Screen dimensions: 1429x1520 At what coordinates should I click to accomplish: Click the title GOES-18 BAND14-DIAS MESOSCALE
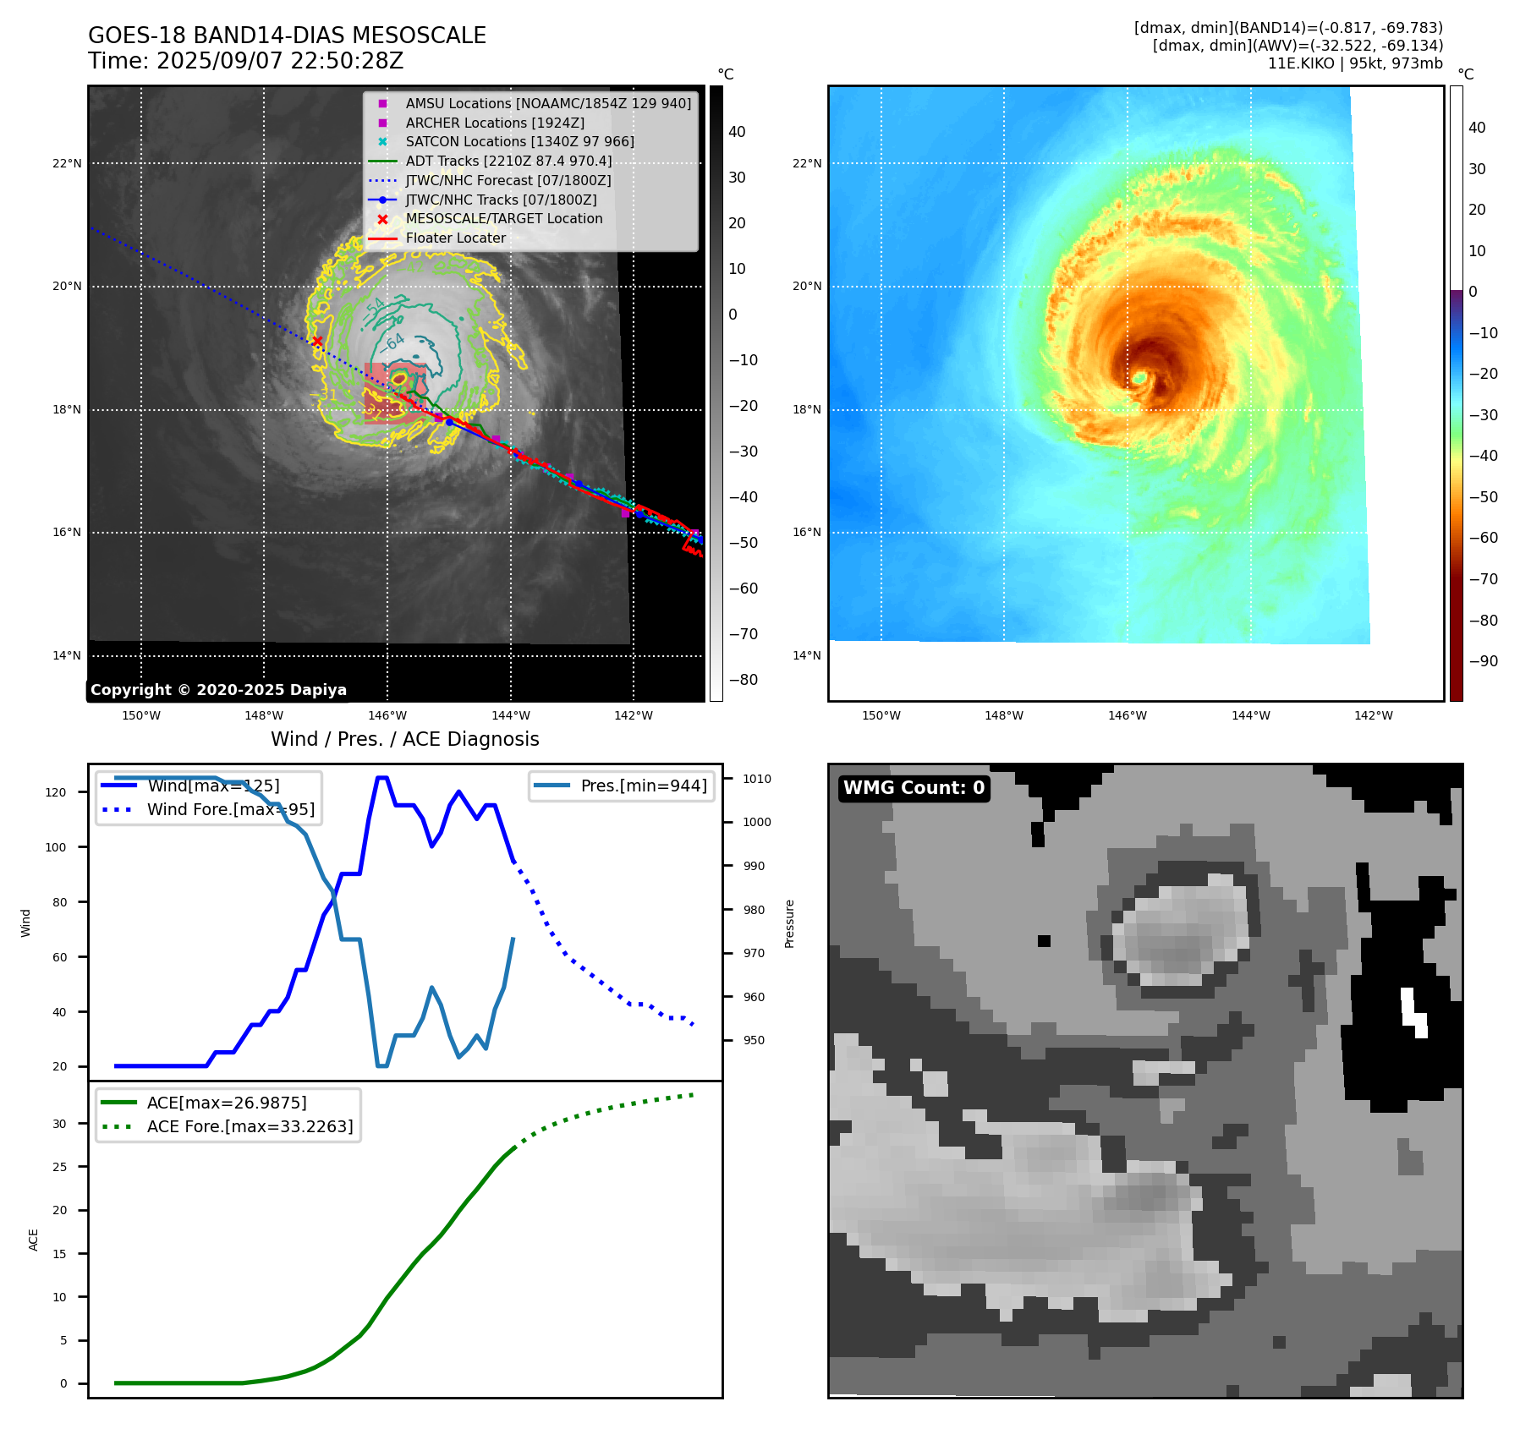pyautogui.click(x=287, y=36)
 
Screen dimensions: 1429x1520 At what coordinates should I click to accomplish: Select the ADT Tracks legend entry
pyautogui.click(x=508, y=161)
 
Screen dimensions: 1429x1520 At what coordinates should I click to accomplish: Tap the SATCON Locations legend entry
pyautogui.click(x=519, y=141)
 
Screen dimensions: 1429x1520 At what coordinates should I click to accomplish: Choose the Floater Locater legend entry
pyautogui.click(x=455, y=238)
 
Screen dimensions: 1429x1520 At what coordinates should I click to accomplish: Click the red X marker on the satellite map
pyautogui.click(x=317, y=342)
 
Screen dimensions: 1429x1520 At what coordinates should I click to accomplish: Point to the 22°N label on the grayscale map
pyautogui.click(x=67, y=163)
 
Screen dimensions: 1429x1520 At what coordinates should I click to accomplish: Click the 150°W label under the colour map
pyautogui.click(x=881, y=715)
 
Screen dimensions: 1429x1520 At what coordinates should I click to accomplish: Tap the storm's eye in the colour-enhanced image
pyautogui.click(x=1139, y=377)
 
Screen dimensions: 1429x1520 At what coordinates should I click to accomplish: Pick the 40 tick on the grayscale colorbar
pyautogui.click(x=737, y=132)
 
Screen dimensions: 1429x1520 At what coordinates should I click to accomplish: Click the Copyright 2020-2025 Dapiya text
pyautogui.click(x=218, y=690)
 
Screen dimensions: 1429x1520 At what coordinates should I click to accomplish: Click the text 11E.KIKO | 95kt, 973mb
pyautogui.click(x=1355, y=63)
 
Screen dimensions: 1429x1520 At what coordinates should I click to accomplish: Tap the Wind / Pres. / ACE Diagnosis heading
pyautogui.click(x=404, y=739)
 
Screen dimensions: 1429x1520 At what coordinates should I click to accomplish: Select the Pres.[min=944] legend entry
pyautogui.click(x=643, y=786)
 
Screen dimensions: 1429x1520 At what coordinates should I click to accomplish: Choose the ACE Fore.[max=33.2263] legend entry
pyautogui.click(x=250, y=1126)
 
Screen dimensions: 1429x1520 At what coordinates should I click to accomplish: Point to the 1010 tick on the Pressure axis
pyautogui.click(x=756, y=779)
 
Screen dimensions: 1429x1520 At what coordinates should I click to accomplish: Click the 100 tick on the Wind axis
pyautogui.click(x=56, y=847)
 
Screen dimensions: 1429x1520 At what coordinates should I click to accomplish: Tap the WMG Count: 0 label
pyautogui.click(x=914, y=788)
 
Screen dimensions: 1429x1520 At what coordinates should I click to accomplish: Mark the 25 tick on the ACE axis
pyautogui.click(x=59, y=1167)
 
